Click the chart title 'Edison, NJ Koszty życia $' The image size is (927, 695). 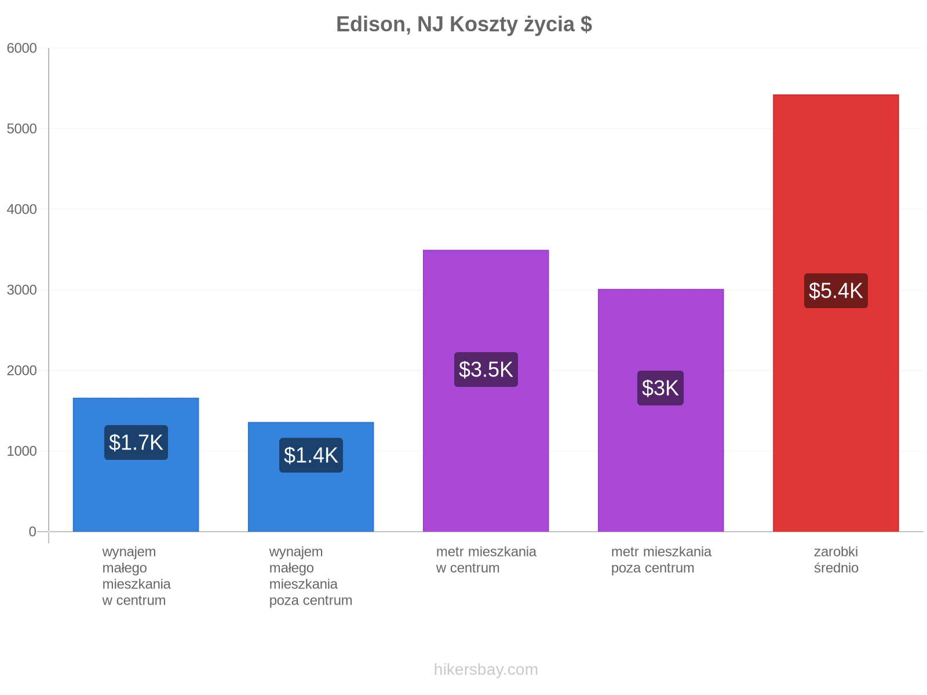point(463,24)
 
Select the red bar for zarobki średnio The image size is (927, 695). point(835,313)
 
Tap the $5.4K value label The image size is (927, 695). point(835,290)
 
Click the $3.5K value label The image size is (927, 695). point(486,370)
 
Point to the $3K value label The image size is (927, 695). point(660,388)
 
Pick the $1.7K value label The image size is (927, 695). point(136,442)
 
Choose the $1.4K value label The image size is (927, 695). point(311,455)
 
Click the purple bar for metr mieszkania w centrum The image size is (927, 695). point(486,390)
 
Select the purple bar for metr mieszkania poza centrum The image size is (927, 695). point(660,410)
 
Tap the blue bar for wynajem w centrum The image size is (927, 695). point(136,464)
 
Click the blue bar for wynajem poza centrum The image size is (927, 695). point(311,477)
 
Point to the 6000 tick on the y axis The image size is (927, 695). point(21,48)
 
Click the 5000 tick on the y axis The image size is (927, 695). point(21,129)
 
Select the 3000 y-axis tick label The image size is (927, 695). point(21,290)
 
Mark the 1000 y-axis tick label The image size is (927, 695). point(21,451)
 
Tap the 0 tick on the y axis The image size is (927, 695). point(32,531)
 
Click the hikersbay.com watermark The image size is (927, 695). point(486,670)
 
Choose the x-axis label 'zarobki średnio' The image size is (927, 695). point(836,559)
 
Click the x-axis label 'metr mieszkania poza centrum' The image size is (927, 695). point(661,559)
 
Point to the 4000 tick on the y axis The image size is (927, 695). point(21,209)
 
